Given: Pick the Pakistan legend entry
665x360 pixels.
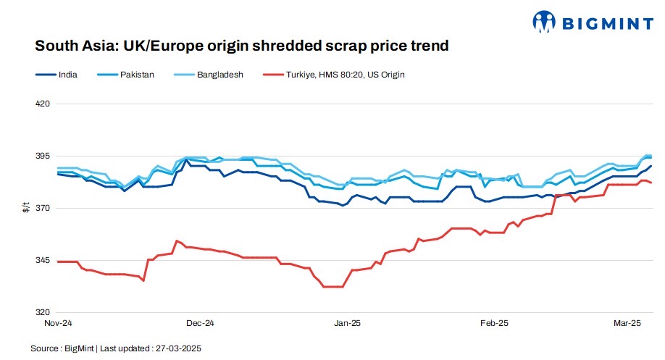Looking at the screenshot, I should point(135,74).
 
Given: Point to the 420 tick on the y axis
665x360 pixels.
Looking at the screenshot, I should point(43,104).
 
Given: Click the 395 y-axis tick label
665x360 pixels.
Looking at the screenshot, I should point(43,156).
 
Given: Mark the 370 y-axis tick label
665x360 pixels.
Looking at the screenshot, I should point(43,209).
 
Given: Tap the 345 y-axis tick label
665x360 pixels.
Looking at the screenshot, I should point(43,261).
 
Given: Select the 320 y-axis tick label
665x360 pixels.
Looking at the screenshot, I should point(43,313).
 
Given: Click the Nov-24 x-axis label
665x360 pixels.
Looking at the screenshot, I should point(58,323).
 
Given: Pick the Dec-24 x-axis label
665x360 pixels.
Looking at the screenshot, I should point(201,323).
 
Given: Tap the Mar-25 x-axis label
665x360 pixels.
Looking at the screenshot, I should point(627,323).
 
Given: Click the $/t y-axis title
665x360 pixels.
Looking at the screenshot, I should point(27,209).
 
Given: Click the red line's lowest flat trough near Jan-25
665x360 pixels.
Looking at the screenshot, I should point(332,287).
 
